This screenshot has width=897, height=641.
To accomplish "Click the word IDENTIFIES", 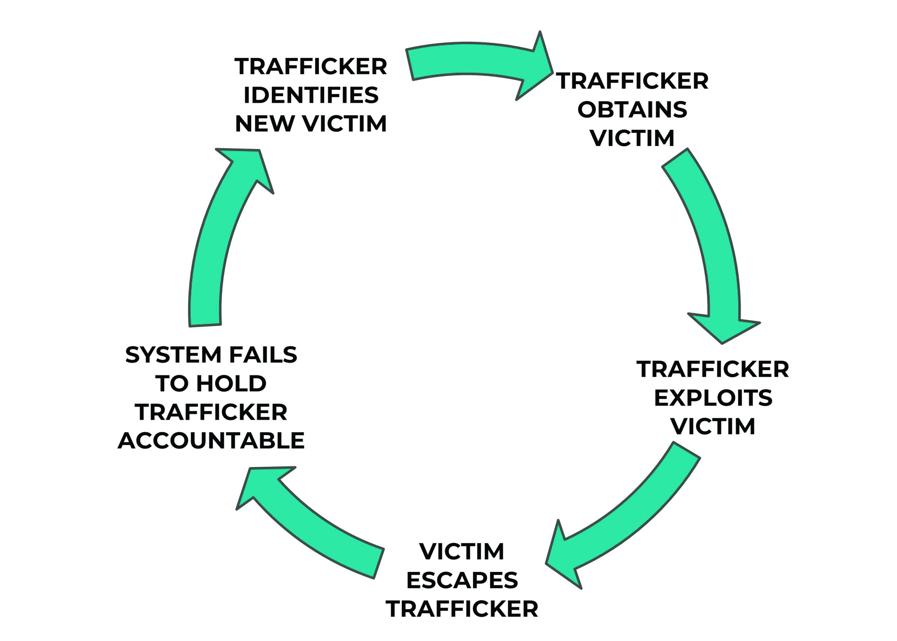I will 311,95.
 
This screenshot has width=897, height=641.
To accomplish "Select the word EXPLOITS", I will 713,398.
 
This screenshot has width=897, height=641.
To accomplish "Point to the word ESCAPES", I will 462,580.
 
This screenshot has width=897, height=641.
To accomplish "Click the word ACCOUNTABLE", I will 211,440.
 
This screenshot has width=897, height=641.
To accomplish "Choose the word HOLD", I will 231,383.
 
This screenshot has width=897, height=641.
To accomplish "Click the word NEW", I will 265,124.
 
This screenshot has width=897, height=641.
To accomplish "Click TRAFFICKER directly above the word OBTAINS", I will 632,81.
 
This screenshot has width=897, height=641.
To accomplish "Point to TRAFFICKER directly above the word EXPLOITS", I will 713,370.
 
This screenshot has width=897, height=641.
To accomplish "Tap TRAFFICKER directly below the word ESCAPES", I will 462,609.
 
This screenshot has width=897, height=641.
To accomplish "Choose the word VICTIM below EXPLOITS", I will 713,426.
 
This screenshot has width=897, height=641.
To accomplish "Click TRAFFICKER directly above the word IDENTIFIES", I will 311,66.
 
